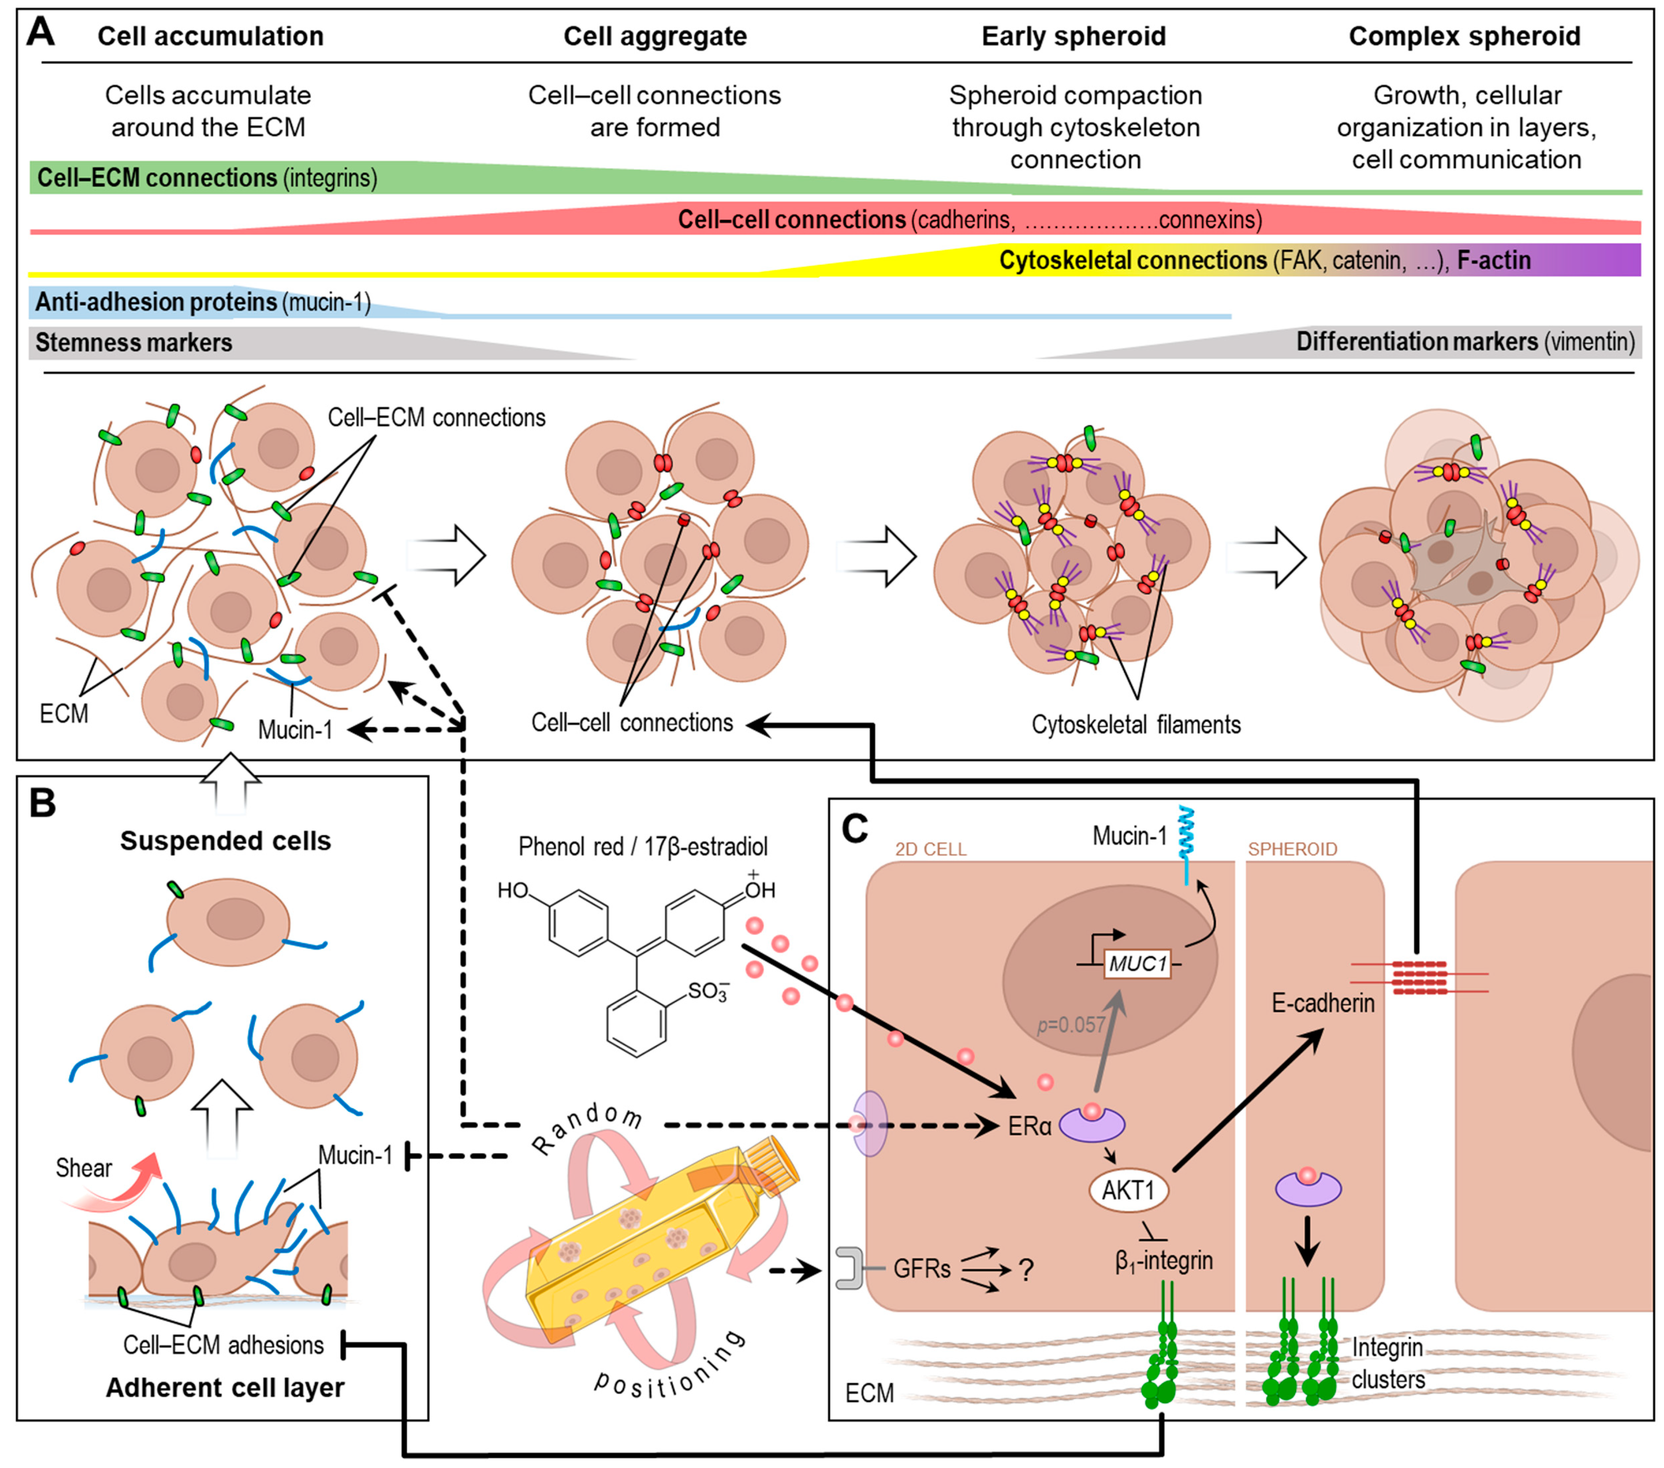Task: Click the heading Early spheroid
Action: coord(1073,37)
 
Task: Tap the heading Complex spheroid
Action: coord(1464,37)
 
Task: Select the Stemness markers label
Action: coord(134,343)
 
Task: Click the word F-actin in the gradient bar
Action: coord(1493,260)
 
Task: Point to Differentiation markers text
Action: coord(1416,342)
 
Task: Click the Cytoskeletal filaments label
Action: coord(1136,724)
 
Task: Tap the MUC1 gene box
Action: coord(1137,964)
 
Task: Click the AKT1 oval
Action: coord(1128,1191)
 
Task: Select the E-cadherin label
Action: coord(1323,1002)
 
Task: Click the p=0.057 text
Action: coord(1071,1024)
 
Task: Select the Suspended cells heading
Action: coord(226,841)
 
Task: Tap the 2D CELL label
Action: coord(931,850)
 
